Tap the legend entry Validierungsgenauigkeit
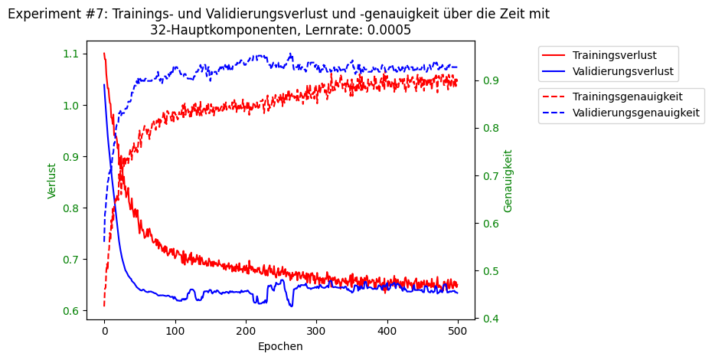tap(635, 113)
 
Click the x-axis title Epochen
tap(280, 346)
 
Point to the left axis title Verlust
tap(52, 181)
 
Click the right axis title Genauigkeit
tap(508, 181)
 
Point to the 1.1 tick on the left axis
tap(71, 54)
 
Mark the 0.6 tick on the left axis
tap(71, 311)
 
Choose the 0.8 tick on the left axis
tap(71, 208)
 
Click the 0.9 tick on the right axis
tap(489, 80)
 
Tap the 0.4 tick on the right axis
tap(489, 319)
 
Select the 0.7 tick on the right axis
tap(489, 176)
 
